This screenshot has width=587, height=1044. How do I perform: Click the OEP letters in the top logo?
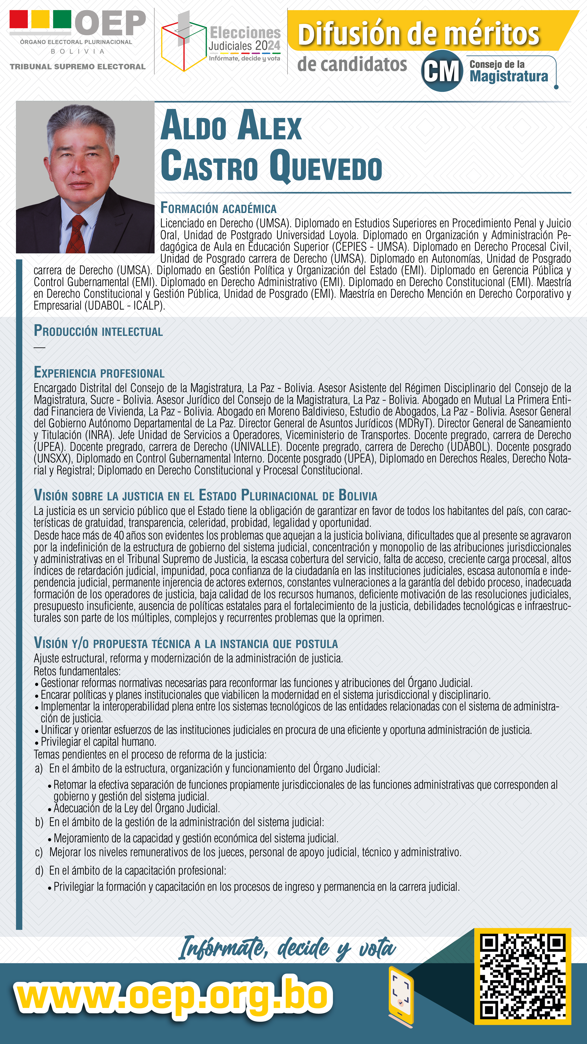[x=110, y=23]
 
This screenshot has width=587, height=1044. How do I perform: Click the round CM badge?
[x=442, y=71]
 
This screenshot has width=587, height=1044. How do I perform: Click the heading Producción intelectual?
[x=98, y=331]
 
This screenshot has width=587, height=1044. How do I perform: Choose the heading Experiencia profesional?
[x=99, y=372]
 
